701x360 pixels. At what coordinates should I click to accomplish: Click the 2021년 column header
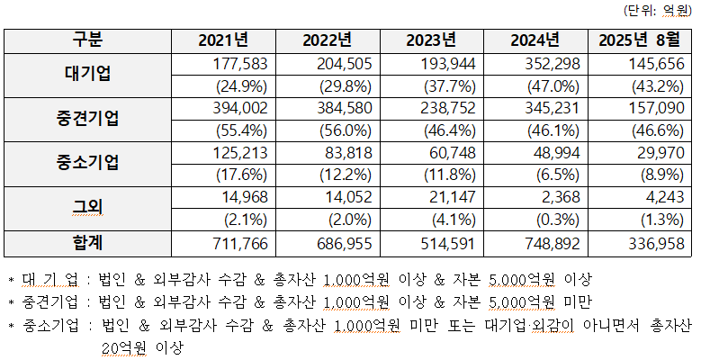click(223, 40)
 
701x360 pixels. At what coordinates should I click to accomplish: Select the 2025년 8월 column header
click(638, 40)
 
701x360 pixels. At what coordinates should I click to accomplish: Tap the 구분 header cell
click(87, 40)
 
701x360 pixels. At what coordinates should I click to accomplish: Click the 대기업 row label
click(87, 75)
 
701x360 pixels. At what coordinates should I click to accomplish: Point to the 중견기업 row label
click(87, 120)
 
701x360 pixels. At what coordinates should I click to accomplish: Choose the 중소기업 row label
click(87, 164)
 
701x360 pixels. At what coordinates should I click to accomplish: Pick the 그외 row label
click(87, 209)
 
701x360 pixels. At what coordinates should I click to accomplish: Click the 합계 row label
click(87, 243)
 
